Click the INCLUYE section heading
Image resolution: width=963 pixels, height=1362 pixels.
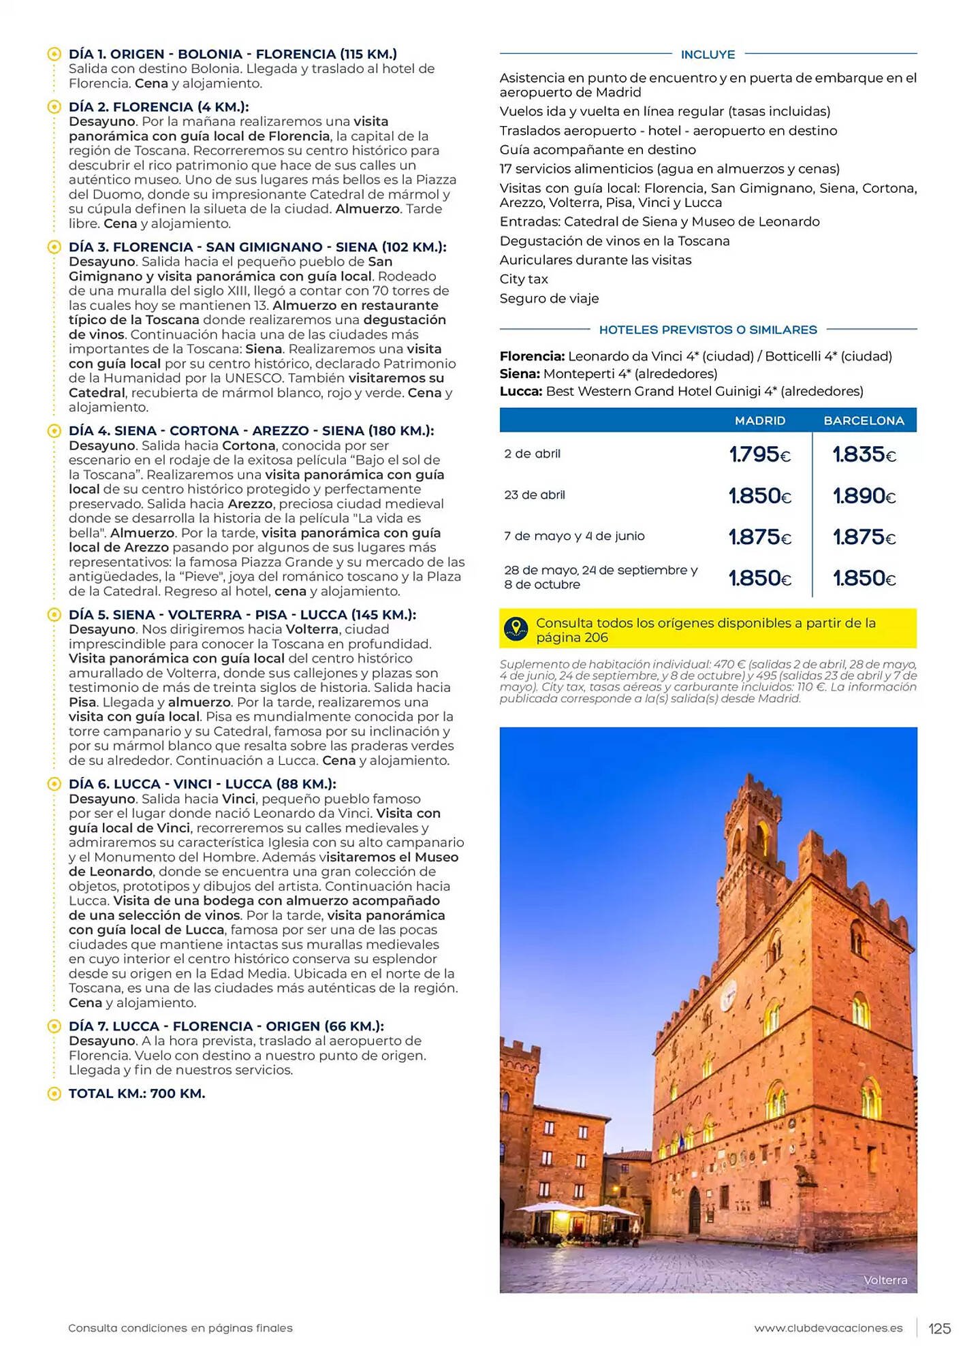pos(708,54)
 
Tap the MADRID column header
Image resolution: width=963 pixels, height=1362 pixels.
pos(759,421)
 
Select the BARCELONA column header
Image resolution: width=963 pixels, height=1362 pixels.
pos(864,421)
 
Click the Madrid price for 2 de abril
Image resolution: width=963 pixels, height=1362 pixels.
pos(759,454)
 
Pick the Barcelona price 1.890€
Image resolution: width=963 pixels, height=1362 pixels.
pos(864,496)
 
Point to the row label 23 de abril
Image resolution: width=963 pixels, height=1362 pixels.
pos(535,495)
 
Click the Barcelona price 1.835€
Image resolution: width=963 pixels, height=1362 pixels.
pos(864,454)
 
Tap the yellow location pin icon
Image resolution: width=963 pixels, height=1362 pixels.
pos(516,629)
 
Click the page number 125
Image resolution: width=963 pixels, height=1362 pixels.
pos(939,1328)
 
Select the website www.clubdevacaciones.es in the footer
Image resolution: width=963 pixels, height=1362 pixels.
pos(828,1328)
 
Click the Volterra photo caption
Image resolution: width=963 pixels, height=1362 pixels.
pos(885,1280)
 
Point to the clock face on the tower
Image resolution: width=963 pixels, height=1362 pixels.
pos(729,992)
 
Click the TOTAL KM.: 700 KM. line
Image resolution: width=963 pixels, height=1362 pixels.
pos(137,1094)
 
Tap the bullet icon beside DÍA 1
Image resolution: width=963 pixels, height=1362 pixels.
pos(54,54)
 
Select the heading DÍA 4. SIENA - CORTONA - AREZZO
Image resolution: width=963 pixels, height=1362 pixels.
pos(251,431)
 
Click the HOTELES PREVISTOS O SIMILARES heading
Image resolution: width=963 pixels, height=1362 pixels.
pos(708,330)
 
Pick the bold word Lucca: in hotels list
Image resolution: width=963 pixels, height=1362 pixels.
pos(521,392)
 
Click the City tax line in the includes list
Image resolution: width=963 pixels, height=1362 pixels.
pos(524,279)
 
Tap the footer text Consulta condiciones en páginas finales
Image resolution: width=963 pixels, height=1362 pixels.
pos(180,1328)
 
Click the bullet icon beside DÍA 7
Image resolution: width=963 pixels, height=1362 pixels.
pos(54,1026)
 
